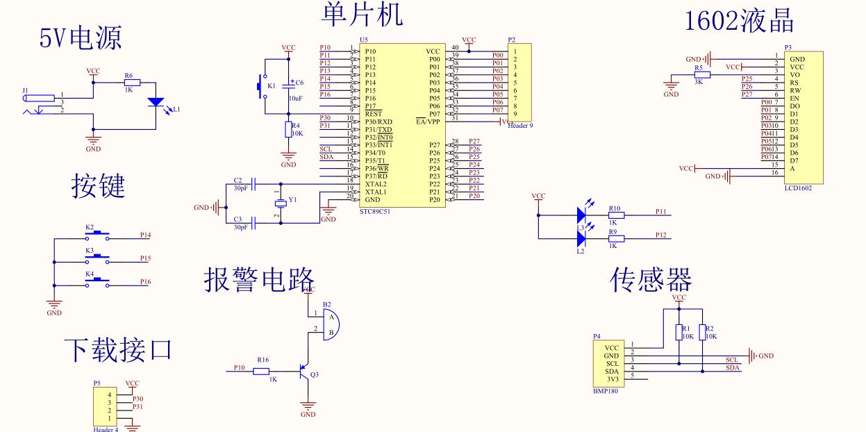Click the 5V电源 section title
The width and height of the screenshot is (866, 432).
81,38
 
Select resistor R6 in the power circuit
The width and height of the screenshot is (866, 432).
132,83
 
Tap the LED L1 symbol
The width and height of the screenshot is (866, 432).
156,103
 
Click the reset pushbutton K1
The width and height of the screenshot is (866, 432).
263,86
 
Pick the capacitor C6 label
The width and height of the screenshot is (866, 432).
300,83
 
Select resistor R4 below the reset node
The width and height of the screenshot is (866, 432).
288,129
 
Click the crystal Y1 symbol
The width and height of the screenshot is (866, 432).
278,202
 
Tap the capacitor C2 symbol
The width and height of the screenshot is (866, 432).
254,184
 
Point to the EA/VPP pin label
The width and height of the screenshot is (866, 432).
428,122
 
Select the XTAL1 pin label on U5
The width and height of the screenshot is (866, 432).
376,192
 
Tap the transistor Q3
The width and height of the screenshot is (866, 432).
304,372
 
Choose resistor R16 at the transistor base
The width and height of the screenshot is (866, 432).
262,371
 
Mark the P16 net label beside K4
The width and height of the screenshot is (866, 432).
145,281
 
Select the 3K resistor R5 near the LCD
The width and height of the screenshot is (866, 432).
702,74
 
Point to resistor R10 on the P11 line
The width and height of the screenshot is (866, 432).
615,215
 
